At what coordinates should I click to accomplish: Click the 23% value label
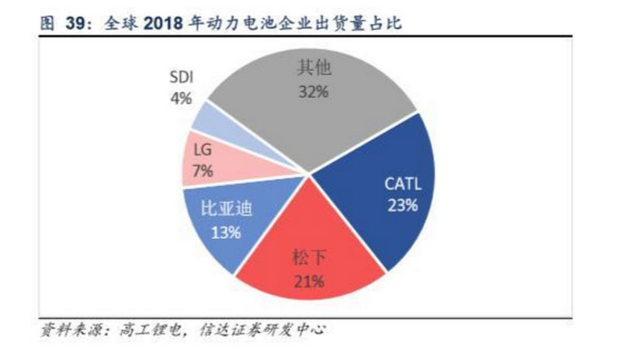pyautogui.click(x=402, y=206)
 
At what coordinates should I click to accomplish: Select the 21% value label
pyautogui.click(x=306, y=279)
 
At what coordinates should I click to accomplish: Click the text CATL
pyautogui.click(x=402, y=185)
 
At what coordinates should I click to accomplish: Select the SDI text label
pyautogui.click(x=181, y=78)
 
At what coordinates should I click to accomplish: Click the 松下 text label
pyautogui.click(x=306, y=258)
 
